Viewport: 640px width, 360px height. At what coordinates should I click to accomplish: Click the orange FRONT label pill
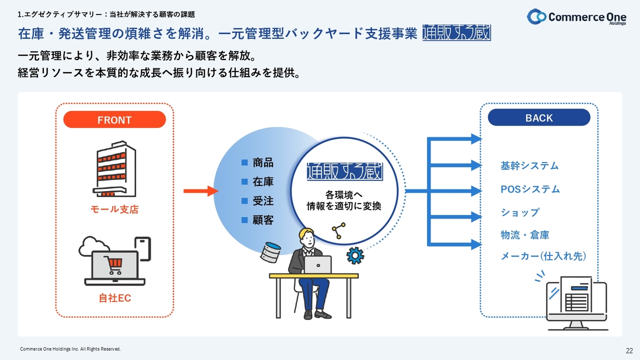tap(114, 120)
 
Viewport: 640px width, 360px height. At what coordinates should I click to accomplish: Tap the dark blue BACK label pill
tap(539, 118)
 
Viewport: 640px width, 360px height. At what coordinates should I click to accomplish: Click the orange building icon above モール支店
tap(114, 168)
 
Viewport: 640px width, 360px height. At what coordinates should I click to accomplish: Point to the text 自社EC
tap(114, 298)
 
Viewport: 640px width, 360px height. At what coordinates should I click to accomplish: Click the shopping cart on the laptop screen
tap(113, 265)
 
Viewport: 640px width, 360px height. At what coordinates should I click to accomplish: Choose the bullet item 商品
tap(262, 162)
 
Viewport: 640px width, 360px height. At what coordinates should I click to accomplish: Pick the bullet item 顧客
tap(262, 220)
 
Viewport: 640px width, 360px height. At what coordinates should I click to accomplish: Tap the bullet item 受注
tap(262, 201)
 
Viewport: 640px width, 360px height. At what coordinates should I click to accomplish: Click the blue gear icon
tap(355, 255)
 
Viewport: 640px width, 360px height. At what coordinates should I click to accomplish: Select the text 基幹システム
tap(529, 166)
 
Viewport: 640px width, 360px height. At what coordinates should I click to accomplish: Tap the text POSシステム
tap(530, 189)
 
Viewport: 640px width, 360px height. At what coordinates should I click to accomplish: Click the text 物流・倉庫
tap(525, 235)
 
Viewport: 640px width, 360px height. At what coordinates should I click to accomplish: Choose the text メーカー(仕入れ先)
tap(543, 256)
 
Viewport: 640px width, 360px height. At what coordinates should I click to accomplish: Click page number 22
tap(629, 350)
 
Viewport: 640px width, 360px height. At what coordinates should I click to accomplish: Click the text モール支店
tap(114, 210)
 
